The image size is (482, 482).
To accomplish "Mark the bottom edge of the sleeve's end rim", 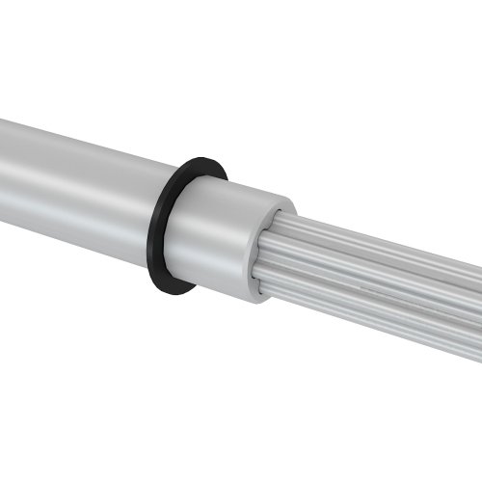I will coord(258,299).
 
